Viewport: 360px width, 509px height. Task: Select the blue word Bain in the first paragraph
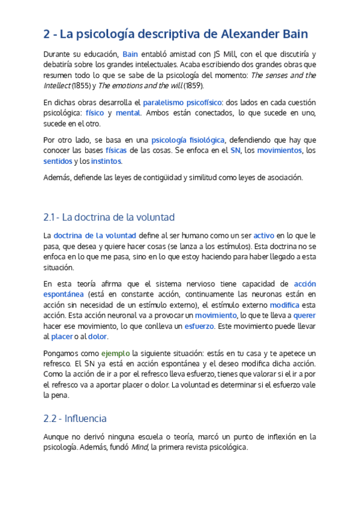click(x=130, y=55)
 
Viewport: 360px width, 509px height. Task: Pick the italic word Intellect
click(x=56, y=85)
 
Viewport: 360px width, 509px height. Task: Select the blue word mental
click(x=128, y=112)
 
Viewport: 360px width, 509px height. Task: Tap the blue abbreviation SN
click(x=235, y=151)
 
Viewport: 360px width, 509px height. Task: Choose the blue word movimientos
click(x=280, y=151)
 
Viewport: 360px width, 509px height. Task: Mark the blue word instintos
click(x=106, y=161)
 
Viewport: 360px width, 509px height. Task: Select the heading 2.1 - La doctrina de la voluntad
click(x=109, y=217)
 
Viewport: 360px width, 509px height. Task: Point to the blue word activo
click(x=264, y=235)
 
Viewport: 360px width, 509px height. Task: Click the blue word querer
click(x=304, y=315)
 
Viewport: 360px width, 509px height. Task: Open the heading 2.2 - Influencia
click(x=75, y=418)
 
